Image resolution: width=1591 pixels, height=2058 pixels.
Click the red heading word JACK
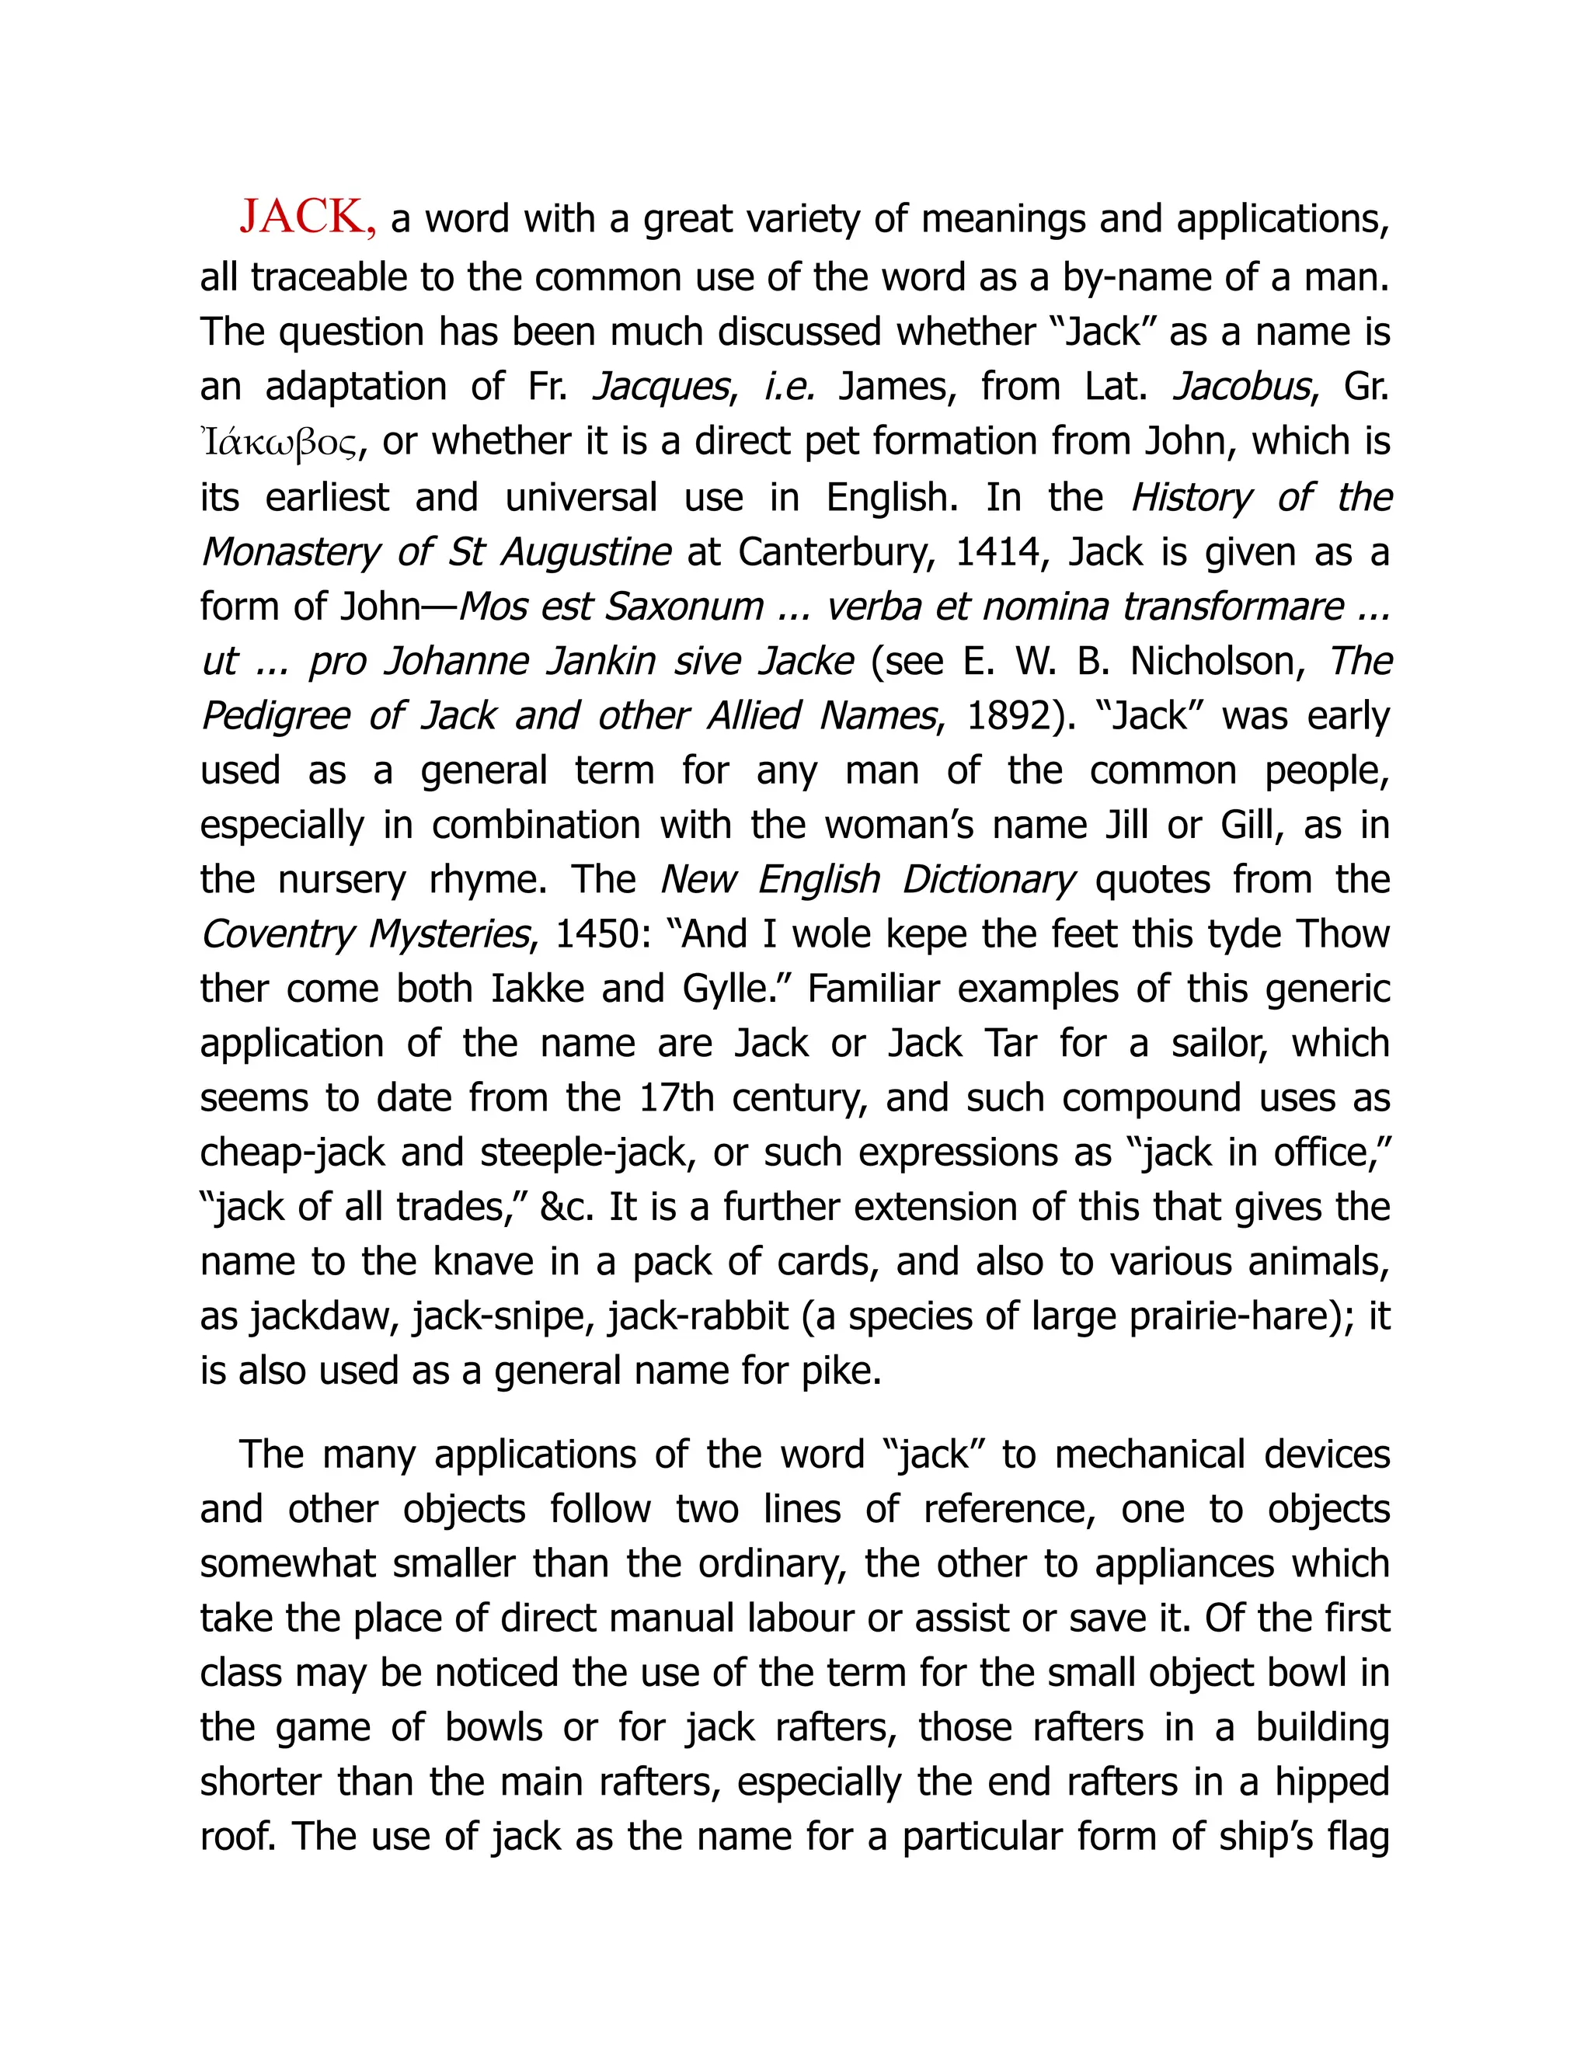click(301, 217)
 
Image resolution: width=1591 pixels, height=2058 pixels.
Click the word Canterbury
click(835, 552)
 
